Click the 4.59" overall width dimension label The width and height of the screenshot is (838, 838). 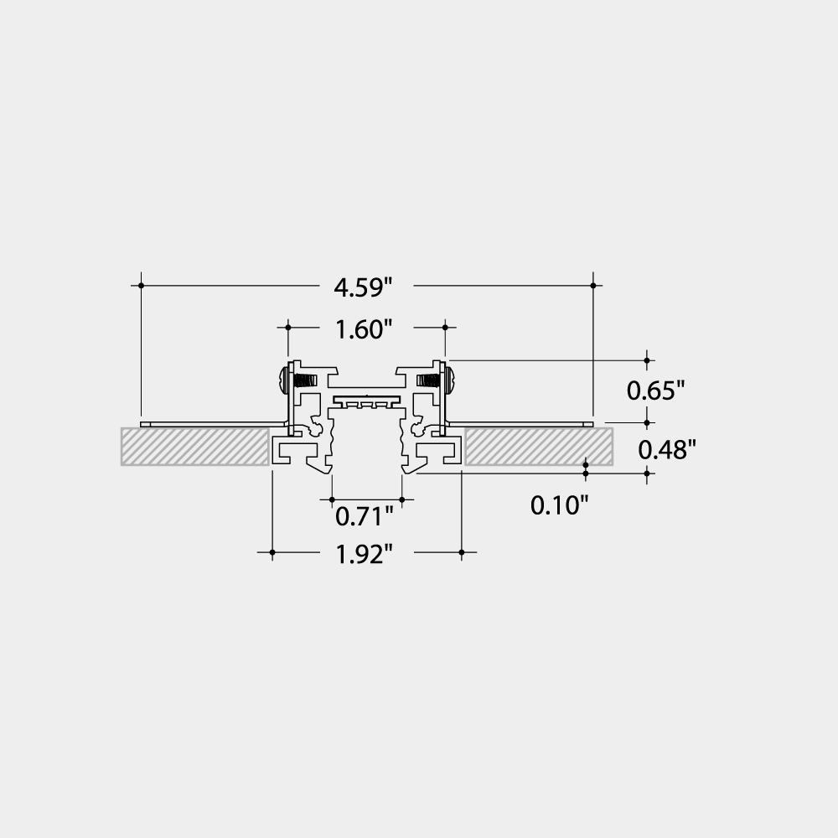[363, 287]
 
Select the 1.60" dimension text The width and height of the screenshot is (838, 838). [364, 330]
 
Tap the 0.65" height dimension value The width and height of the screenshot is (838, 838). [656, 391]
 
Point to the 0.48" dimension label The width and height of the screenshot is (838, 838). [668, 450]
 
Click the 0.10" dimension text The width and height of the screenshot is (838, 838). [560, 504]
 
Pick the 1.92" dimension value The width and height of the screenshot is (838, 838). [364, 554]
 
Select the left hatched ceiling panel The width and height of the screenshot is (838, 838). [194, 447]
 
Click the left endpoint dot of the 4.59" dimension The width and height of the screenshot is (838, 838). [142, 286]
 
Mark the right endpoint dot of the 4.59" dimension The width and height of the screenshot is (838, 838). [593, 286]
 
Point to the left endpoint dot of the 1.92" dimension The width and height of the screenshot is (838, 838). [272, 552]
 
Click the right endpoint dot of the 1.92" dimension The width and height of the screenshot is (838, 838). [462, 552]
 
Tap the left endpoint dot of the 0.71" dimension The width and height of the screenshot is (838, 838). [330, 499]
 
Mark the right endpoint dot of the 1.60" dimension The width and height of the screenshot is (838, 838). [444, 328]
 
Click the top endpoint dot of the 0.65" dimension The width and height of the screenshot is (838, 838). [647, 360]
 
